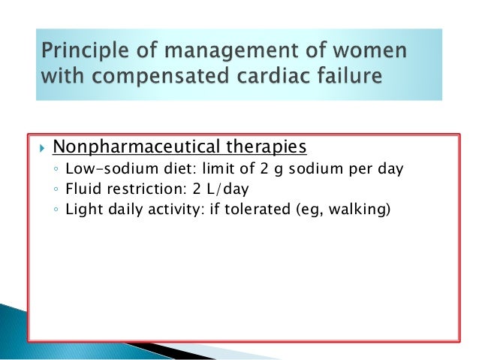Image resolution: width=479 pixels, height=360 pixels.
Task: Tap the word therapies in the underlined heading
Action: click(270, 145)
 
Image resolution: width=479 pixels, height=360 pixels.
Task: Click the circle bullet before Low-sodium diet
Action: click(56, 169)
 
